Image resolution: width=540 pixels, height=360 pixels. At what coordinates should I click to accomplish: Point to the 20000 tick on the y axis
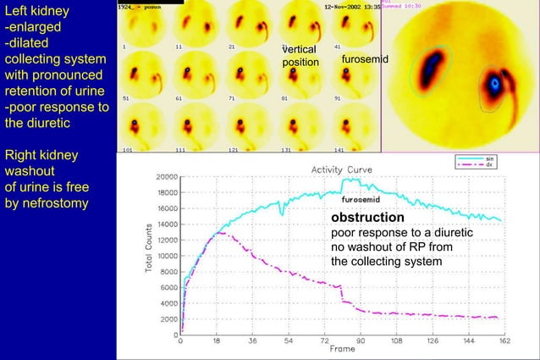[165, 178]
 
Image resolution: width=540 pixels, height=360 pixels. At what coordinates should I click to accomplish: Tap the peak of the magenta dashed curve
[218, 232]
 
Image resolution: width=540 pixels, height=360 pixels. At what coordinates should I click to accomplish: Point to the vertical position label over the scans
[300, 57]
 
